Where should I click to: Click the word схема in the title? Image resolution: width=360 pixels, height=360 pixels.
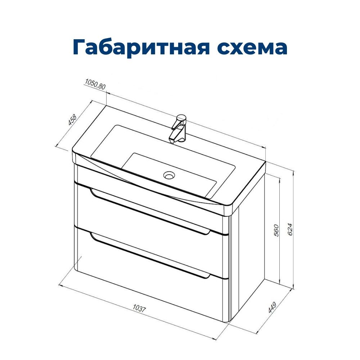pos(252,48)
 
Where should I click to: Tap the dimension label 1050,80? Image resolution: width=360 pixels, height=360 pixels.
pos(95,84)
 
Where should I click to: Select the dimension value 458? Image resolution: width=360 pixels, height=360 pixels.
pos(72,120)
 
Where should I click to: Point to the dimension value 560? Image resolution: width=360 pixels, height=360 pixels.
pos(276,230)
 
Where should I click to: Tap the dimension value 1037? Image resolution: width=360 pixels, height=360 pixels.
pos(139,308)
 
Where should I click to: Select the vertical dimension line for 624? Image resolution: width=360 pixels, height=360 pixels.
pos(293,229)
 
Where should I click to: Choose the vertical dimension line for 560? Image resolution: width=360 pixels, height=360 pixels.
pos(279,230)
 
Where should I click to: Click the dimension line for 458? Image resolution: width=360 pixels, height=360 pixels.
pos(74,123)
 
